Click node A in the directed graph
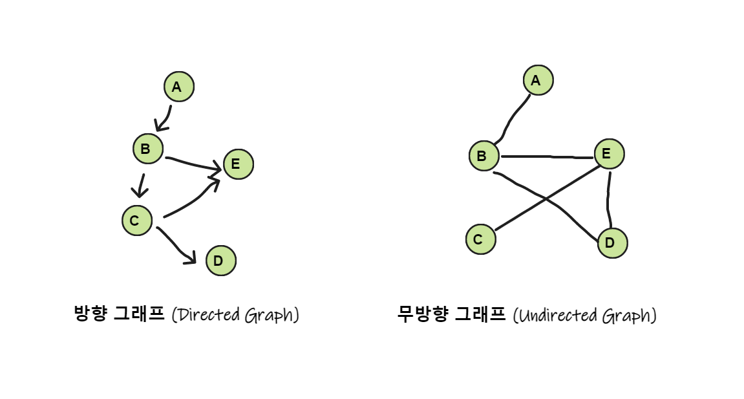pyautogui.click(x=179, y=87)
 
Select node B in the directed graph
pyautogui.click(x=148, y=149)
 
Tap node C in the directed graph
pyautogui.click(x=137, y=220)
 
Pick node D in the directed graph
pyautogui.click(x=220, y=261)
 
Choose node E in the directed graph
pyautogui.click(x=238, y=164)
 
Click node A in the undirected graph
pyautogui.click(x=538, y=80)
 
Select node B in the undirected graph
pyautogui.click(x=484, y=156)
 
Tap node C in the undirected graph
pyautogui.click(x=480, y=239)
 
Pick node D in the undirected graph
pyautogui.click(x=611, y=243)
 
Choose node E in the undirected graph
pyautogui.click(x=608, y=154)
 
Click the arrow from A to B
pyautogui.click(x=165, y=118)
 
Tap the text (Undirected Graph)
pyautogui.click(x=584, y=316)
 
